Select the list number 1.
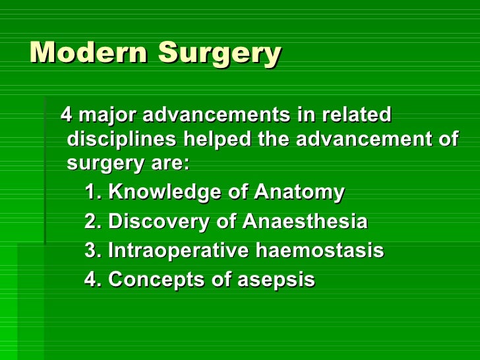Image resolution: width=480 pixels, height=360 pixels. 92,193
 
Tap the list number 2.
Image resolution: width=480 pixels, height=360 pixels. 92,222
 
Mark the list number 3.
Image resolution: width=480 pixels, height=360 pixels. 92,251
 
